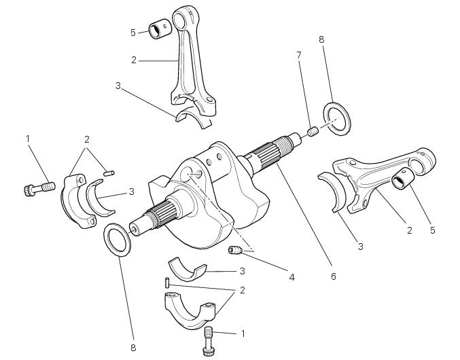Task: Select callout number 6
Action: [x=333, y=276]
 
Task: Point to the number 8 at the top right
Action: [x=321, y=39]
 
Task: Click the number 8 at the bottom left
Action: [x=133, y=348]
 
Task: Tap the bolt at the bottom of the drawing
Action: [x=210, y=340]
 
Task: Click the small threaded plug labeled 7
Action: [x=313, y=132]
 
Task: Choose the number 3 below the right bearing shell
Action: [x=360, y=247]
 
